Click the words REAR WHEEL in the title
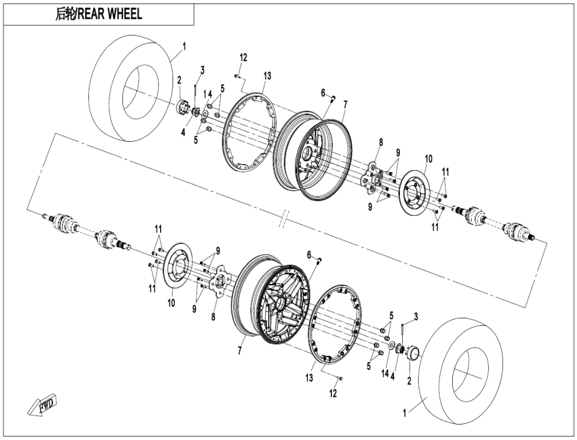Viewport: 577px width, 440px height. click(x=110, y=14)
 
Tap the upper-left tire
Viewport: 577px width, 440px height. click(x=131, y=89)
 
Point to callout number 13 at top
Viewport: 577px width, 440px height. click(x=267, y=75)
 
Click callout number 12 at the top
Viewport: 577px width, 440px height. click(x=244, y=57)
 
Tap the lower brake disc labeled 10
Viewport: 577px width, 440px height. click(x=177, y=266)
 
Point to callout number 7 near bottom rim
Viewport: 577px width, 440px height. click(x=240, y=351)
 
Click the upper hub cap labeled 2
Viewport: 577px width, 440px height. click(x=183, y=107)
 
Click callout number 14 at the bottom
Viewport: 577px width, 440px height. click(x=385, y=374)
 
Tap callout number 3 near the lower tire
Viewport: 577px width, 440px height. click(x=416, y=316)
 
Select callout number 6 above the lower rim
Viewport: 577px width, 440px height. click(x=309, y=255)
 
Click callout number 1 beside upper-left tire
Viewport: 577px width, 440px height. click(x=184, y=46)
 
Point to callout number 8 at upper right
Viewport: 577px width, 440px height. click(x=380, y=142)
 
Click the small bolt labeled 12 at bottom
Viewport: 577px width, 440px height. click(x=340, y=378)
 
